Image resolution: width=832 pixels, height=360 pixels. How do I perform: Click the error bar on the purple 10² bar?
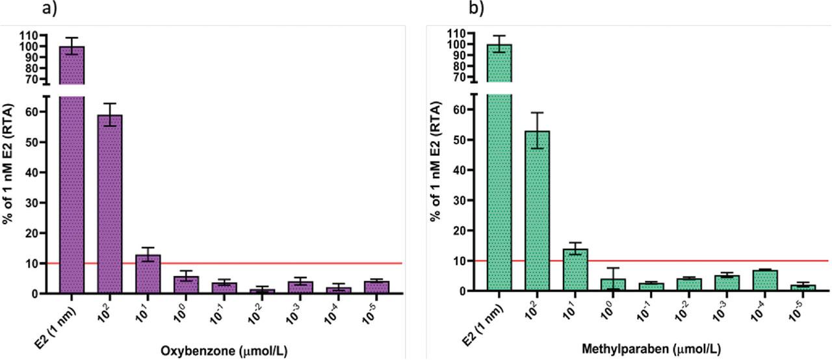[x=110, y=114]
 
